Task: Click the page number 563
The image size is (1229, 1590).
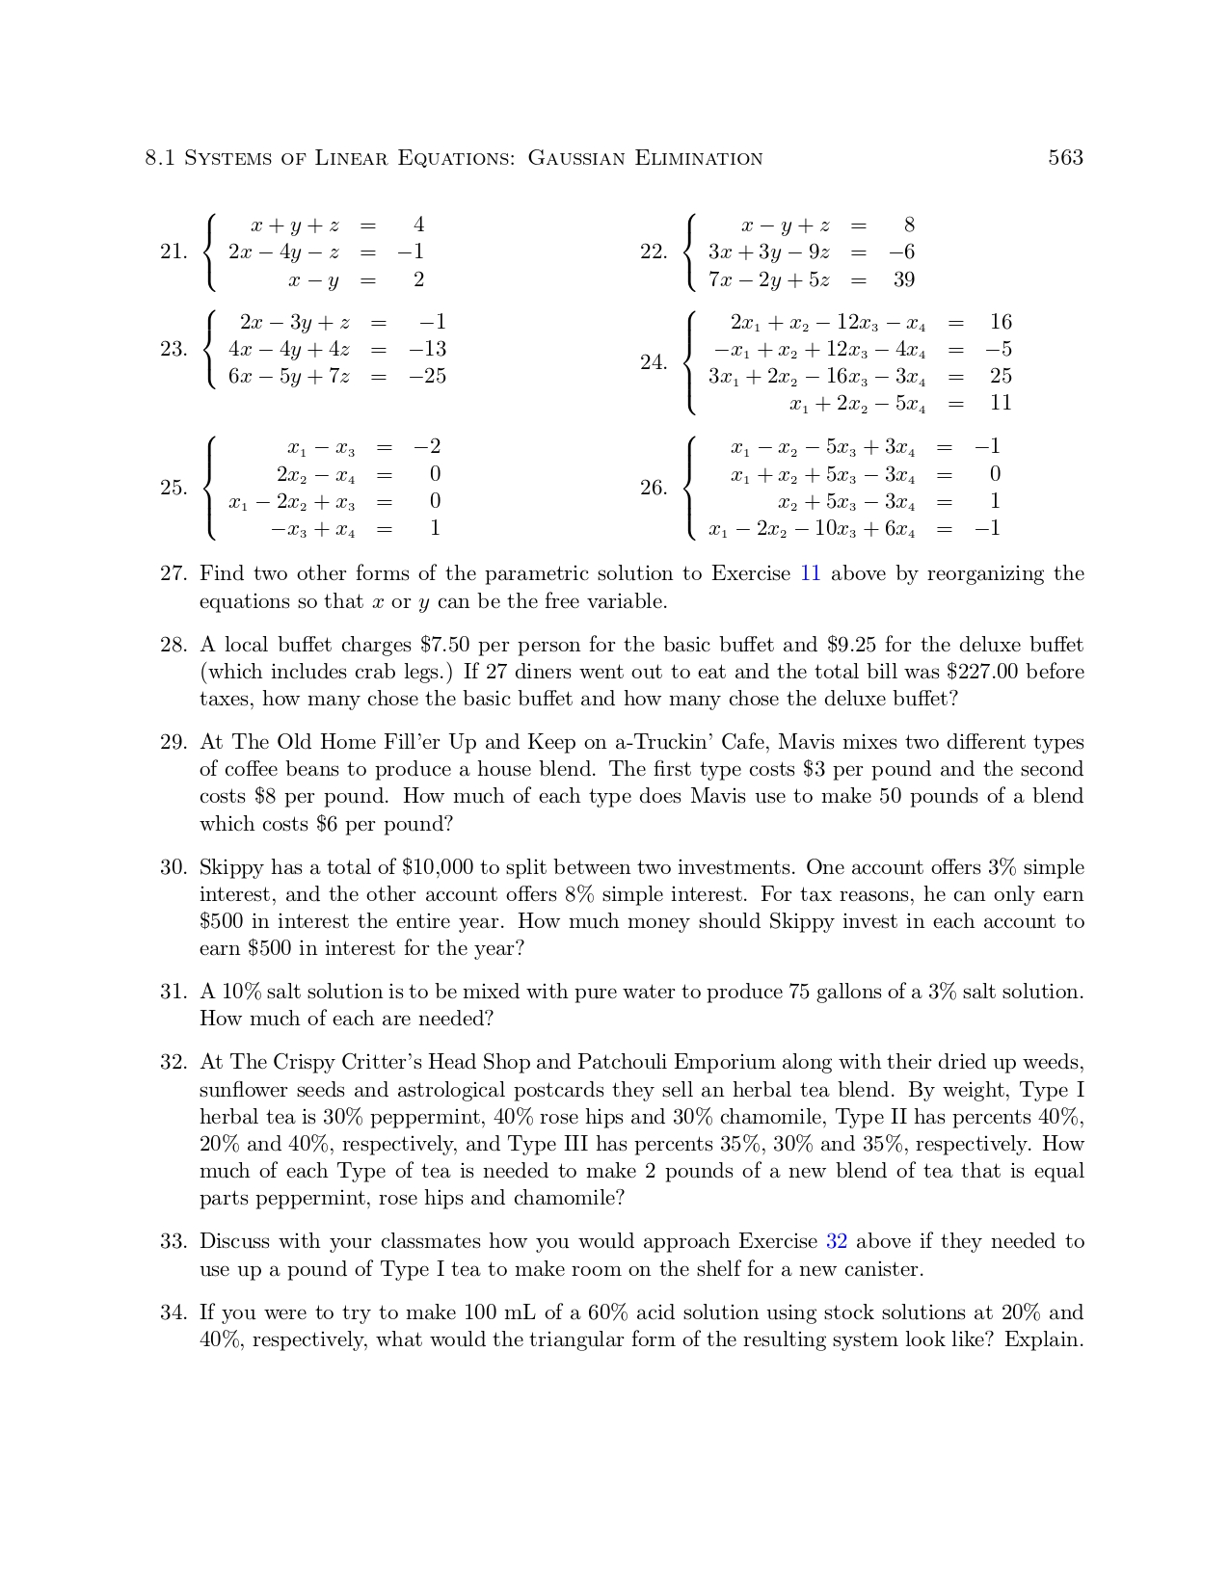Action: [x=1065, y=157]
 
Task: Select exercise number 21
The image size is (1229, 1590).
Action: [x=174, y=252]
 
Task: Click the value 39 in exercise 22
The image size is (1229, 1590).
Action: [x=903, y=279]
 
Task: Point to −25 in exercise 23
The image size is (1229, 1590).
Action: [x=427, y=376]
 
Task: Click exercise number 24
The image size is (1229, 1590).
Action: [x=654, y=362]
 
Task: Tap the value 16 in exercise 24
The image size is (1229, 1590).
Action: [x=1001, y=322]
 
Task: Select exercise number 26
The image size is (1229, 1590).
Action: [x=654, y=488]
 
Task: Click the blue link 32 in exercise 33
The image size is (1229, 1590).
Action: [x=836, y=1241]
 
